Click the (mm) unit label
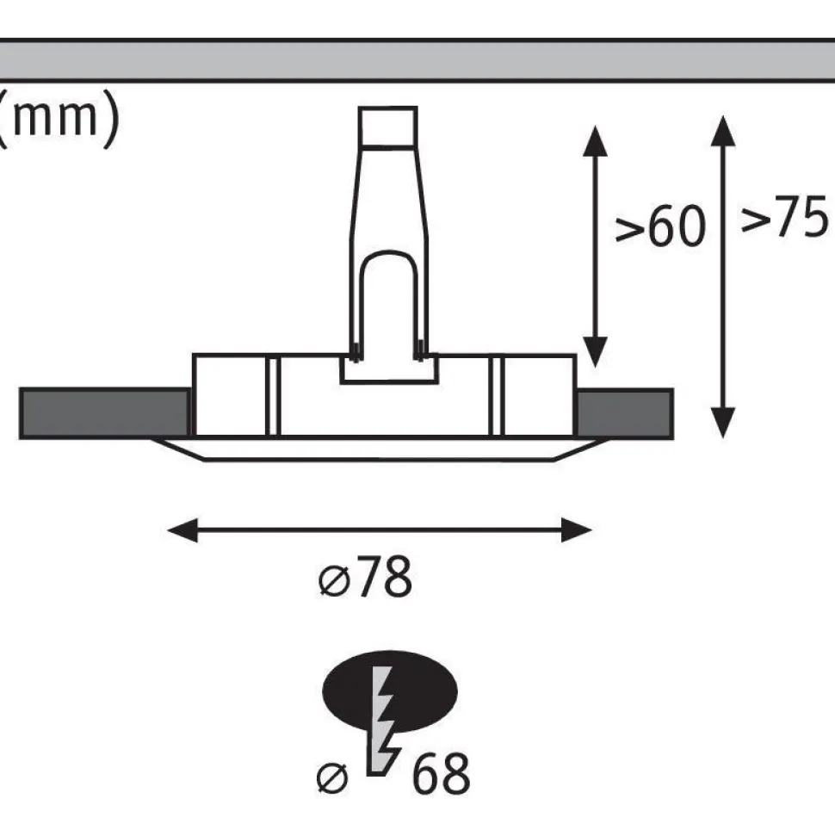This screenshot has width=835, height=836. (58, 119)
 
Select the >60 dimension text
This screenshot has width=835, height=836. (660, 226)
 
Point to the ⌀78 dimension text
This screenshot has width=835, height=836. (366, 577)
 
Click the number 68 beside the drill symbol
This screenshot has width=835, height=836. (441, 773)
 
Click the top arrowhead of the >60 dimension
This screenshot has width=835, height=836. (595, 140)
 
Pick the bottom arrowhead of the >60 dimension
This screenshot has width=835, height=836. (595, 352)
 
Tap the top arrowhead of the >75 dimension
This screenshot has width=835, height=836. (723, 131)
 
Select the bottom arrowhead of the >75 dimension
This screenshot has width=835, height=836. (723, 423)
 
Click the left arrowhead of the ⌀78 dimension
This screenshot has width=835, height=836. (182, 530)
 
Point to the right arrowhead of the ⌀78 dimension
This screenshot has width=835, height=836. (577, 530)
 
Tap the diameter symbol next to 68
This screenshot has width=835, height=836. (332, 778)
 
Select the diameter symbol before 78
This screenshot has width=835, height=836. (334, 581)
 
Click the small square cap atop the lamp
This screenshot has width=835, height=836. (387, 126)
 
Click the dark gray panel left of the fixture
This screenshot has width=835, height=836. (104, 414)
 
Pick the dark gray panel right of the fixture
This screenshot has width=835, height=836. (624, 414)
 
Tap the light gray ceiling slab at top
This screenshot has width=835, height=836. (417, 60)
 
